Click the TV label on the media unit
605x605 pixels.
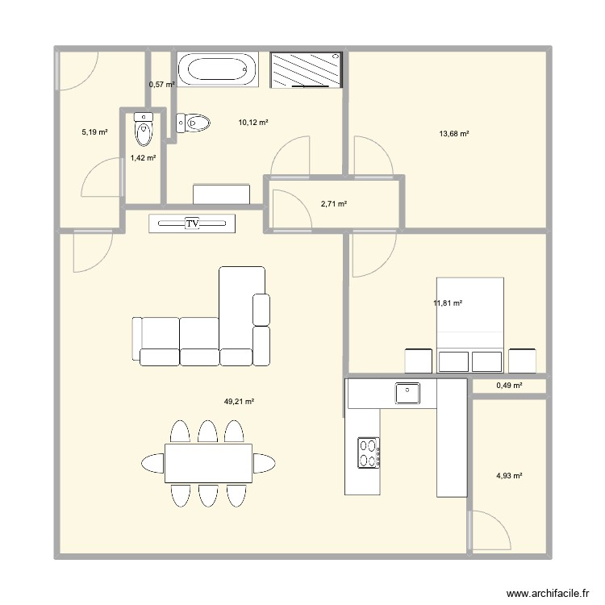click(192, 223)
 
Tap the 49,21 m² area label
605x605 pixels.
click(240, 401)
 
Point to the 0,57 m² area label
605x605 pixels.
click(161, 84)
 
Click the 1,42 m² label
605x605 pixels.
click(143, 158)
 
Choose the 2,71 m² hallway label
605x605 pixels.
click(334, 204)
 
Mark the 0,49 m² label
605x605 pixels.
click(509, 386)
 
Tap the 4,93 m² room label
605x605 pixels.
click(509, 476)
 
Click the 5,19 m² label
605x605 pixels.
click(94, 131)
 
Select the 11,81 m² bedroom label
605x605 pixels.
click(448, 303)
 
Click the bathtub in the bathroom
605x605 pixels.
click(218, 70)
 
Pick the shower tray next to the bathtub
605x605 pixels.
click(306, 70)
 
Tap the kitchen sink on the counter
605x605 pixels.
click(408, 393)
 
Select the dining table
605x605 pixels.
click(208, 463)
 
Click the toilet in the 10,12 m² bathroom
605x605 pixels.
click(193, 123)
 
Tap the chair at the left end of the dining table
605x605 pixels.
click(152, 463)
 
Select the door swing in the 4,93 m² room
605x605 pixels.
click(490, 532)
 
